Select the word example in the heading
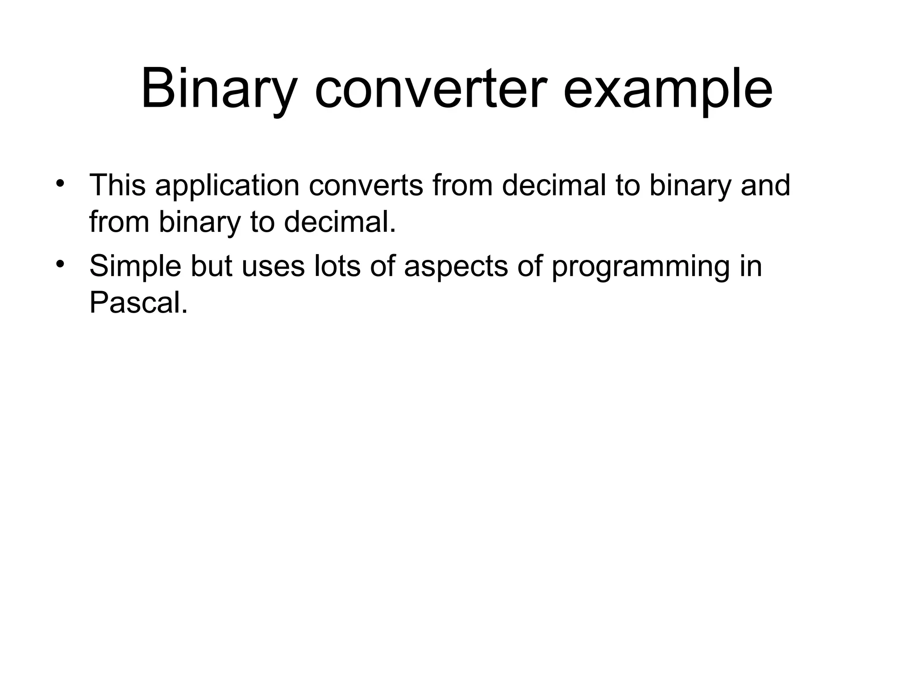tap(668, 89)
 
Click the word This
tap(117, 185)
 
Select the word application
tap(227, 186)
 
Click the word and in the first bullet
tap(765, 185)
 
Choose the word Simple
tap(135, 266)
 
